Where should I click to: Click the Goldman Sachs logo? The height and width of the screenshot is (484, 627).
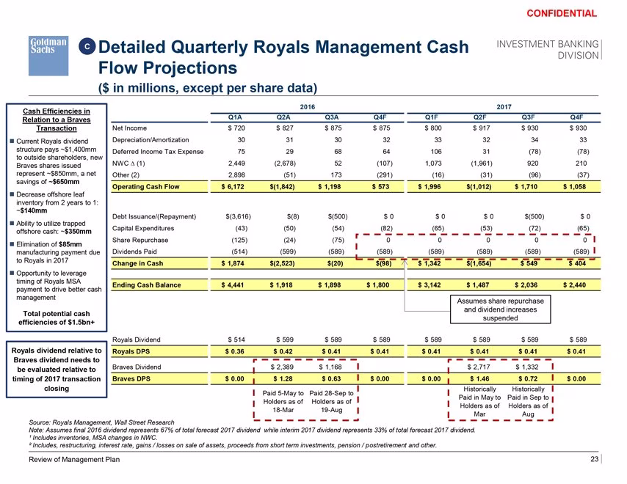(48, 56)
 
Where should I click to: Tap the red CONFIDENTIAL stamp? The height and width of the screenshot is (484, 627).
(562, 14)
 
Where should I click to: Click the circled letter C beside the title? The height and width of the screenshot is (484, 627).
(87, 47)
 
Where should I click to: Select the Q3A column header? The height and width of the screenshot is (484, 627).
(332, 117)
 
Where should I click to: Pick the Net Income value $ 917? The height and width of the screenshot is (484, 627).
(482, 128)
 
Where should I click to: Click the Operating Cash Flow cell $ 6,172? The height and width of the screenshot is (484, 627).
(233, 186)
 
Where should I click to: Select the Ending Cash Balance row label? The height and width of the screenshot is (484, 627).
(146, 285)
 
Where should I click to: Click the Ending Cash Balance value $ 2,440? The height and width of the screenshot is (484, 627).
(574, 285)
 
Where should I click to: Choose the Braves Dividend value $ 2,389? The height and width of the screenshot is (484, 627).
(282, 367)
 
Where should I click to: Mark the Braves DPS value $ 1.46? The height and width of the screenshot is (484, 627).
(479, 378)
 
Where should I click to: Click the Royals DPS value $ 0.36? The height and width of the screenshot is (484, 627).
(234, 351)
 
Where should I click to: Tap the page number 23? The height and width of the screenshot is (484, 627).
(594, 459)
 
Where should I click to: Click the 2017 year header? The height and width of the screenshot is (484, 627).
(504, 107)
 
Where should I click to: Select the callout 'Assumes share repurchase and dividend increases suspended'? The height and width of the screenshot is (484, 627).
(500, 309)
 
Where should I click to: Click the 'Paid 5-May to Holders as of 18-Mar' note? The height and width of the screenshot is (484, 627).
(283, 401)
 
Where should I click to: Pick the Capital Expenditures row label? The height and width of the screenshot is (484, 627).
(143, 228)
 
